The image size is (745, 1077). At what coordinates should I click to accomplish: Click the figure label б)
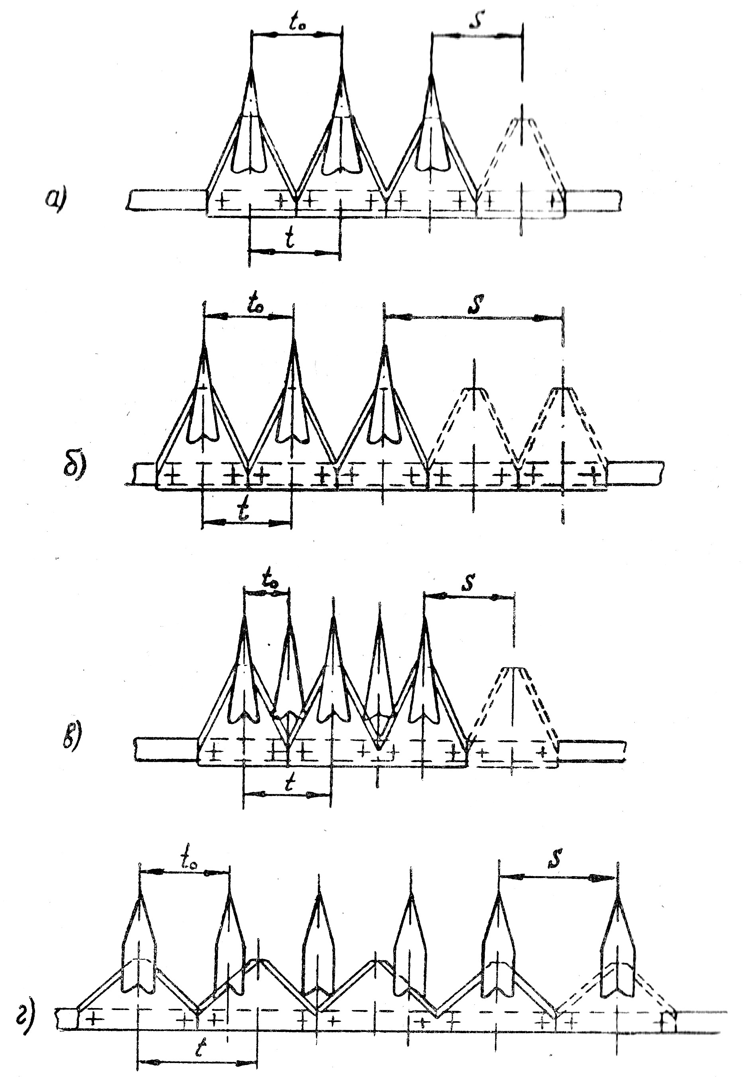point(74,468)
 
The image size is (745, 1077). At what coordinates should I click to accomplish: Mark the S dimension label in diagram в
point(469,582)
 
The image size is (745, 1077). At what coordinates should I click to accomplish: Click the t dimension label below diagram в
point(290,784)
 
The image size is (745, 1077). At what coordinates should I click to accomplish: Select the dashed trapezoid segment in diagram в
point(514,705)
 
